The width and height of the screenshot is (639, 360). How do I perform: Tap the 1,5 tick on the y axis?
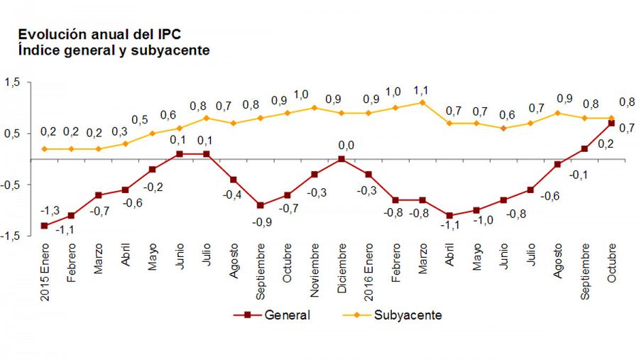coord(13,83)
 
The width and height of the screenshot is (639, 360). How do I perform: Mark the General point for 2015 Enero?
coord(44,226)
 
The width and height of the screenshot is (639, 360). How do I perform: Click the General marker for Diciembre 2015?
coord(342,159)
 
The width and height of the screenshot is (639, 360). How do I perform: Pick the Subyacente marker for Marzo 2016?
coord(422,102)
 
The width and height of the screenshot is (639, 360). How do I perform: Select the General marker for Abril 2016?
coord(449,215)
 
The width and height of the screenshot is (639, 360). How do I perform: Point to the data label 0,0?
coord(346,146)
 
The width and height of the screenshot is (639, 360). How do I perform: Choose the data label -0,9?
coord(261,222)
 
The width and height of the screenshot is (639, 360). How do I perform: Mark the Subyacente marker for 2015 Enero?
coord(44,149)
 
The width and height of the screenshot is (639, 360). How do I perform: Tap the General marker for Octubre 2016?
coord(611,124)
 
